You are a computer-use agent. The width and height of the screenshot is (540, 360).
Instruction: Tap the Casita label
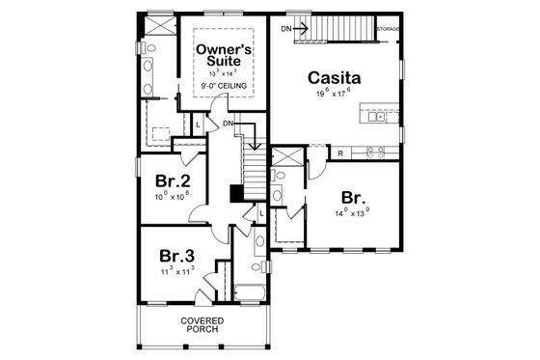[335, 77]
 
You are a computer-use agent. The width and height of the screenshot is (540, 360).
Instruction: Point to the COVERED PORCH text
[202, 324]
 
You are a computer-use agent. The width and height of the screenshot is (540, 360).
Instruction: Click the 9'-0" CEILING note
[224, 87]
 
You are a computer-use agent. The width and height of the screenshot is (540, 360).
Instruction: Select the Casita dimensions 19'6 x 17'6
[334, 95]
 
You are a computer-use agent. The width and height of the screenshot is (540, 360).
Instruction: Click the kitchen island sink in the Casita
[379, 117]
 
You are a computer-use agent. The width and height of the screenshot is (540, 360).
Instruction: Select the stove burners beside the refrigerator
[374, 152]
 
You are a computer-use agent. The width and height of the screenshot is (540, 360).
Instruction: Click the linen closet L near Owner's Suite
[199, 123]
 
